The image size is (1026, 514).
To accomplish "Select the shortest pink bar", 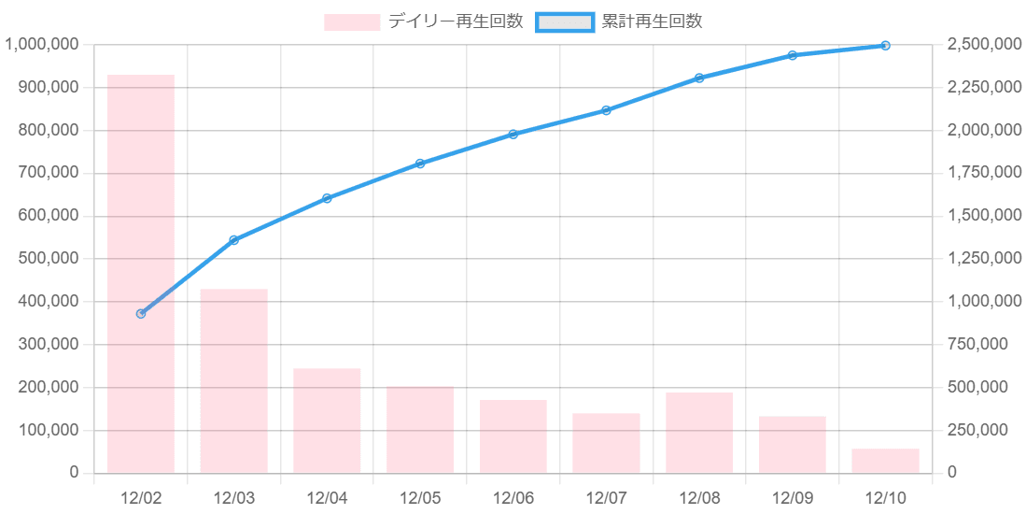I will (x=885, y=461).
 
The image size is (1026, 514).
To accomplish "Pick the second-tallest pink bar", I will (x=234, y=380).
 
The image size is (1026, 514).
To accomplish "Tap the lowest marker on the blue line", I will (x=141, y=313).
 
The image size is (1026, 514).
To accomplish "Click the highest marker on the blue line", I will (x=885, y=45).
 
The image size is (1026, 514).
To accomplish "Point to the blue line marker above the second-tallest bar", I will (x=234, y=240).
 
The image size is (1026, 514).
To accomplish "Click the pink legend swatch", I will (x=352, y=21).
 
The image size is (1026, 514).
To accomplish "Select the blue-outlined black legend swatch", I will (x=564, y=21).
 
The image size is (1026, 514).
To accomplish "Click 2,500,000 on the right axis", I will (x=982, y=45).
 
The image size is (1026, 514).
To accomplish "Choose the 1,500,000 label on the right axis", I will (x=982, y=216).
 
